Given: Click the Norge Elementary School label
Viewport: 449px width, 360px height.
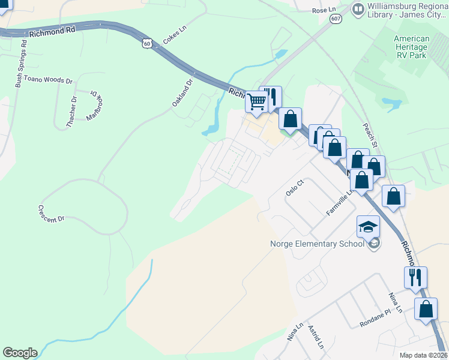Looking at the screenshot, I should pos(317,244).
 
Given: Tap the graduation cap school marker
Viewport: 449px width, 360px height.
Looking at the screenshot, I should pos(368,227).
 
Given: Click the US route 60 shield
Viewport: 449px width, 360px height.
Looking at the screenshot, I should pos(148,43).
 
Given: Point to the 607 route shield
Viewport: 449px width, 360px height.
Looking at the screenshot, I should pos(336,19).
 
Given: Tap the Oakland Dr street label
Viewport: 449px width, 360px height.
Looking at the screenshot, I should pos(182,93).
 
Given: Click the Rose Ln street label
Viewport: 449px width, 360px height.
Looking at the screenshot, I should pos(324,10).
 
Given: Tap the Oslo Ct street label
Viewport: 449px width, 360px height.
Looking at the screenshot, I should pos(292,189).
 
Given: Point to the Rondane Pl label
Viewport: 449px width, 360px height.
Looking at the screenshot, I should pos(375,323).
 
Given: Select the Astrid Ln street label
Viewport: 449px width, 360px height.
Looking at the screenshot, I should pos(316,338).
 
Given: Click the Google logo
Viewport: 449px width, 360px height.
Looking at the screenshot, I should pos(20,353).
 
